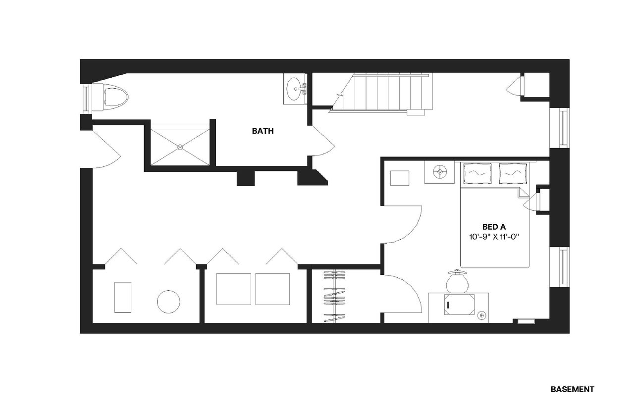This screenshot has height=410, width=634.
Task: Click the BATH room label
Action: [x=263, y=131]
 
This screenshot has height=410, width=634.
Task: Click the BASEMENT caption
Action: [x=572, y=389]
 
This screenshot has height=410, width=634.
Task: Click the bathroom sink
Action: [x=295, y=90]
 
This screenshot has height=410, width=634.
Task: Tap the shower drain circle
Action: [x=180, y=147]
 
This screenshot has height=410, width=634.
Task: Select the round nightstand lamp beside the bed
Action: [x=440, y=172]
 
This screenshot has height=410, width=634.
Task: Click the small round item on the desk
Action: [x=480, y=314]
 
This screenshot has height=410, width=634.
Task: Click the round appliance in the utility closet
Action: [x=168, y=301]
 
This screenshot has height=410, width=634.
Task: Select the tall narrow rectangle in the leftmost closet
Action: [x=123, y=297]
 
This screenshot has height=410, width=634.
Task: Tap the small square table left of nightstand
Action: [x=400, y=178]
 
